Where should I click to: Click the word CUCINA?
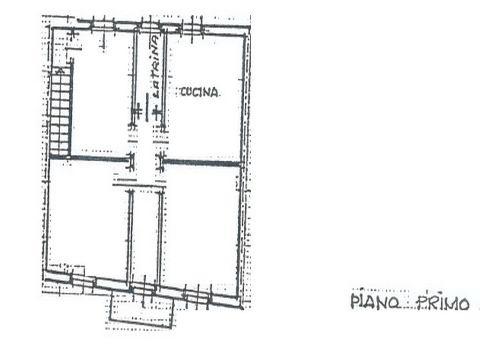point(200,92)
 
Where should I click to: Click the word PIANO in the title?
point(375,301)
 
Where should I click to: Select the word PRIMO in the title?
point(442,303)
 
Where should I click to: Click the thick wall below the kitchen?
point(202,163)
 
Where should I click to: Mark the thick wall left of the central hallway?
point(98,158)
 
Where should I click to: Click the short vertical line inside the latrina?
point(147,107)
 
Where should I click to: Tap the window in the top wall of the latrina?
point(150,27)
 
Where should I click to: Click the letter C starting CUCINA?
point(184,91)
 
